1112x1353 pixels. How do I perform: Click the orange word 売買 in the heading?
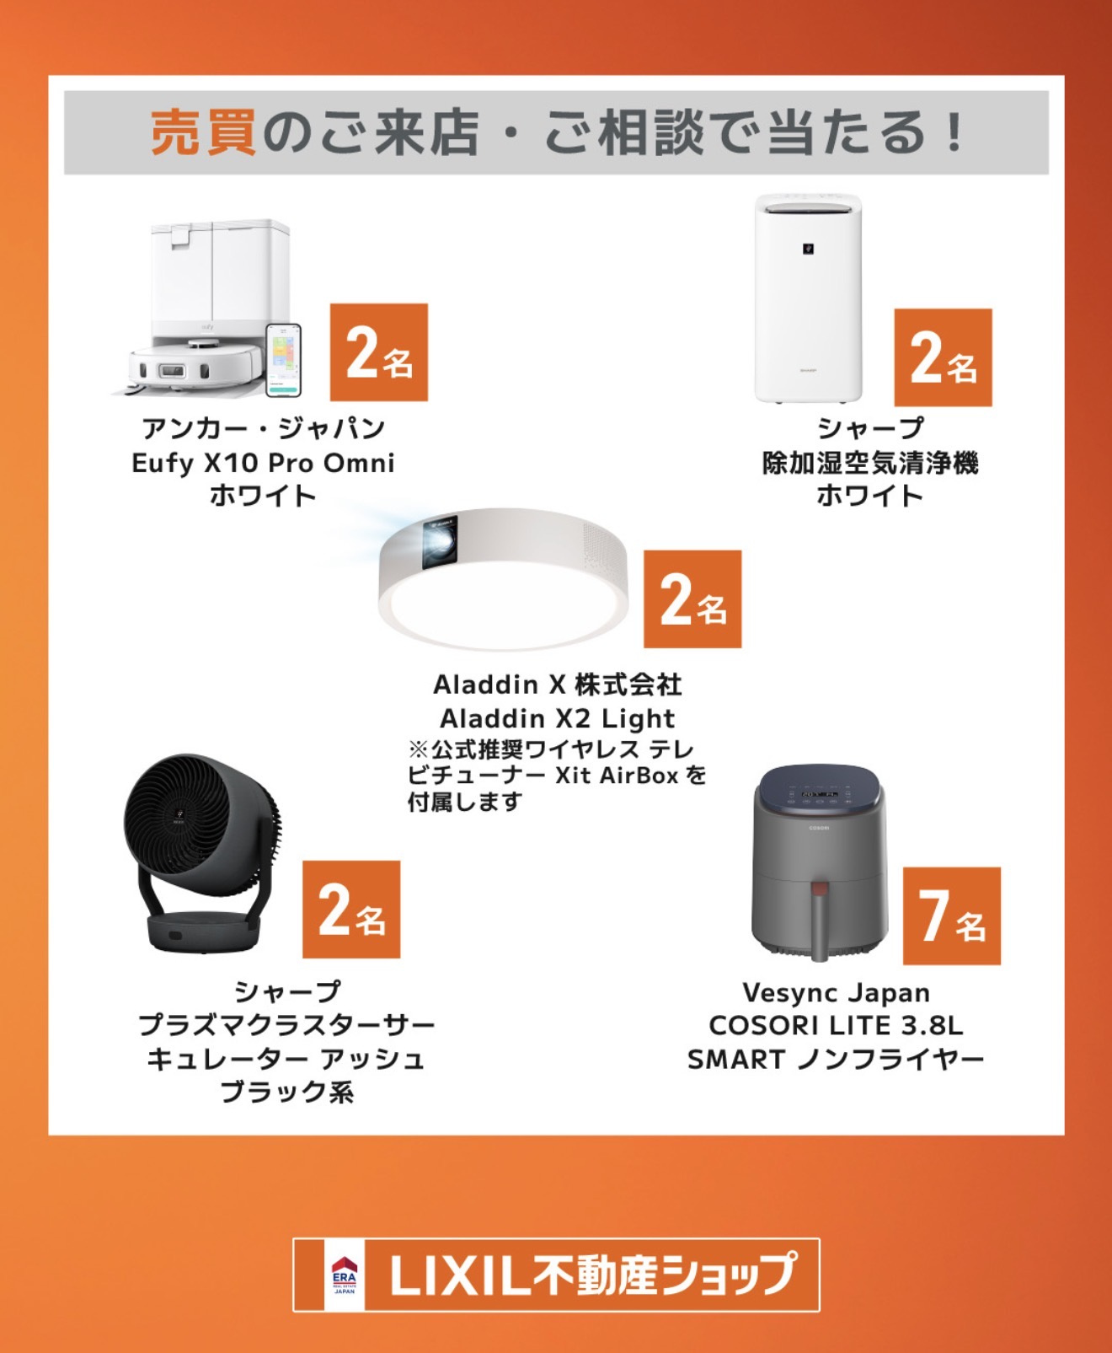(204, 132)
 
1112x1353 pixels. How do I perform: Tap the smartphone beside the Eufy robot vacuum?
(283, 360)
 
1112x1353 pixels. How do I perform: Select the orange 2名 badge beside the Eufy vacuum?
(379, 352)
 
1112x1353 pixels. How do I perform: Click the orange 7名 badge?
(952, 916)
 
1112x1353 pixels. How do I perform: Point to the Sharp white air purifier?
(808, 298)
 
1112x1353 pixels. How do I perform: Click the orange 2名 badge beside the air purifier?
(944, 357)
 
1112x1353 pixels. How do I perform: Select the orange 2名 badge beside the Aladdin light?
(692, 599)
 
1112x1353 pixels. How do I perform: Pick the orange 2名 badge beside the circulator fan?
(351, 910)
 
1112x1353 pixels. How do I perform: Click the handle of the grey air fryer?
(819, 921)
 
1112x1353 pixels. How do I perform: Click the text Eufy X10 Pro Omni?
(263, 463)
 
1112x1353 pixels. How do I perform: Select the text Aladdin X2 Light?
(558, 718)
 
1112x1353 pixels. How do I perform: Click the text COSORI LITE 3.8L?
(836, 1025)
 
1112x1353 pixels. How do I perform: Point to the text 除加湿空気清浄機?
(870, 463)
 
